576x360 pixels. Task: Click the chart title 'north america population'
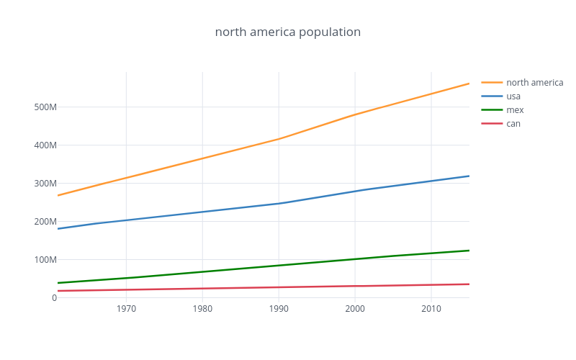288,32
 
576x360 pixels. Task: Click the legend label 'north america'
534,83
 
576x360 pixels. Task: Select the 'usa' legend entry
513,96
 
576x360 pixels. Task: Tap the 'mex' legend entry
515,110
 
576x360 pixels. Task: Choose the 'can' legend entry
513,124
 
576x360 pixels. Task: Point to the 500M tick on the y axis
44,107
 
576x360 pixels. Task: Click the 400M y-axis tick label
44,145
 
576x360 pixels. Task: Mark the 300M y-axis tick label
44,184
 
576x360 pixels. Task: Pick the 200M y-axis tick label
44,222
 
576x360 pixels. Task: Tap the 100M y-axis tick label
44,260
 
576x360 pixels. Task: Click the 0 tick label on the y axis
54,298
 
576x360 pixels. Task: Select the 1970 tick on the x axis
126,310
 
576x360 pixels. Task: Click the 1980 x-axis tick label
202,310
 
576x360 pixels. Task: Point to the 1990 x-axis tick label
279,310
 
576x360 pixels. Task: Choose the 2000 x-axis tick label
355,310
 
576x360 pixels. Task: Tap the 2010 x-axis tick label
431,310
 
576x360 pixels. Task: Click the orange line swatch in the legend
492,83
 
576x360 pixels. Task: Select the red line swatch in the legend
492,124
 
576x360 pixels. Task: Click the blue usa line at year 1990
279,203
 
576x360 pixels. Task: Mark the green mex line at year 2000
355,259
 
